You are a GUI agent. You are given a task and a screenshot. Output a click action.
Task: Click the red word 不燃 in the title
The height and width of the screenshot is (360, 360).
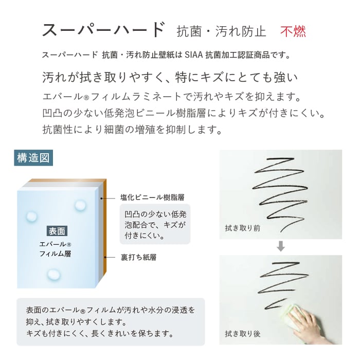(293, 31)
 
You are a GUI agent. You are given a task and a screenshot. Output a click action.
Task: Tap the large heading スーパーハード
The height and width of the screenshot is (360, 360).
(103, 30)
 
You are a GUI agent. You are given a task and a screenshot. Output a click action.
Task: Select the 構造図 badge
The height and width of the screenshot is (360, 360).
(33, 158)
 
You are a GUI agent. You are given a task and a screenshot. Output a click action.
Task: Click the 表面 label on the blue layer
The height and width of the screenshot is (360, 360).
(57, 231)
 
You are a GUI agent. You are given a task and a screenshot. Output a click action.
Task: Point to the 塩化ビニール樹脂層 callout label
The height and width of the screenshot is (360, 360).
(152, 197)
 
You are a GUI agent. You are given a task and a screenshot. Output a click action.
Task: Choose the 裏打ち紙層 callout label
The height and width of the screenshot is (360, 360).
(138, 257)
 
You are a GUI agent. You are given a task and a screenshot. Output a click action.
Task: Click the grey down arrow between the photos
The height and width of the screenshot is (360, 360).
(281, 246)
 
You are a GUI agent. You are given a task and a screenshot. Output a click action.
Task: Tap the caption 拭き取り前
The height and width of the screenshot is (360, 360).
(243, 228)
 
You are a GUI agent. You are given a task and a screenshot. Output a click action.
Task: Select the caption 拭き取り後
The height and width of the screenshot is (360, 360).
(243, 334)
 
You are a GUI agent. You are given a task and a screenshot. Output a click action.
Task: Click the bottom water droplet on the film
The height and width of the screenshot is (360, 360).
(53, 274)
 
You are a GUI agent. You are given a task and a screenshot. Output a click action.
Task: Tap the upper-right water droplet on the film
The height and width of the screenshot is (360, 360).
(80, 205)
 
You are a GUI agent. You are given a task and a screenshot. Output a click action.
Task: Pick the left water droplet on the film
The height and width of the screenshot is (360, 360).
(31, 217)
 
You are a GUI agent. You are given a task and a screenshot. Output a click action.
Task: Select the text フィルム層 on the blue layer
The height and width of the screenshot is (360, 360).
(55, 254)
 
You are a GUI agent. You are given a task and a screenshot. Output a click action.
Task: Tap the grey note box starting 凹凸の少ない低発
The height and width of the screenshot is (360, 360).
(155, 224)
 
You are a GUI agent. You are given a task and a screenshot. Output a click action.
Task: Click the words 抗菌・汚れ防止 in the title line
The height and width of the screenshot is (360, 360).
(221, 32)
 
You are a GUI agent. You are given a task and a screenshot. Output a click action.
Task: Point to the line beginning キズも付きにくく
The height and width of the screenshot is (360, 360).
(100, 333)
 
